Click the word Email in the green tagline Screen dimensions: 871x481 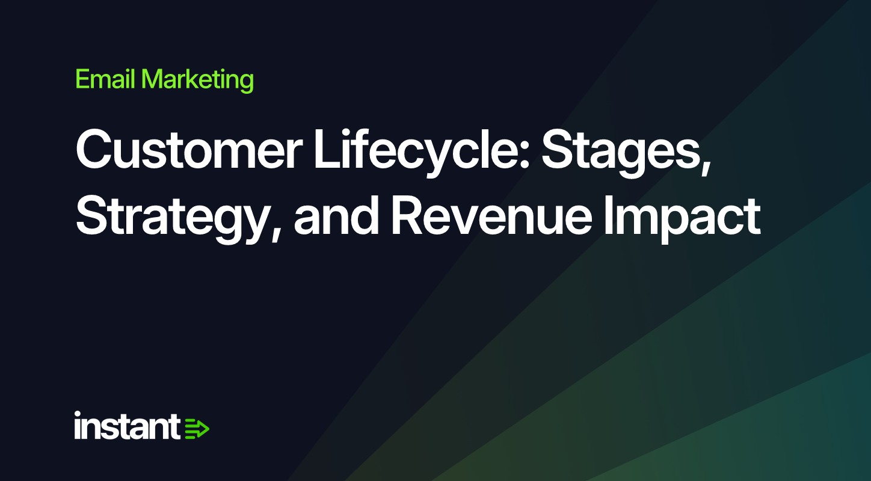click(105, 79)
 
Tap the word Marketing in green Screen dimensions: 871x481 click(197, 81)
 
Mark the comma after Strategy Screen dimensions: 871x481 click(276, 233)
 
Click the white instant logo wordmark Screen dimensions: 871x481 click(127, 426)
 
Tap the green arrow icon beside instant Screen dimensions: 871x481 click(197, 429)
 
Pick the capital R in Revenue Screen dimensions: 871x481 click(407, 216)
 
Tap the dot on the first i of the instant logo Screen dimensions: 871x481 click(78, 414)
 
